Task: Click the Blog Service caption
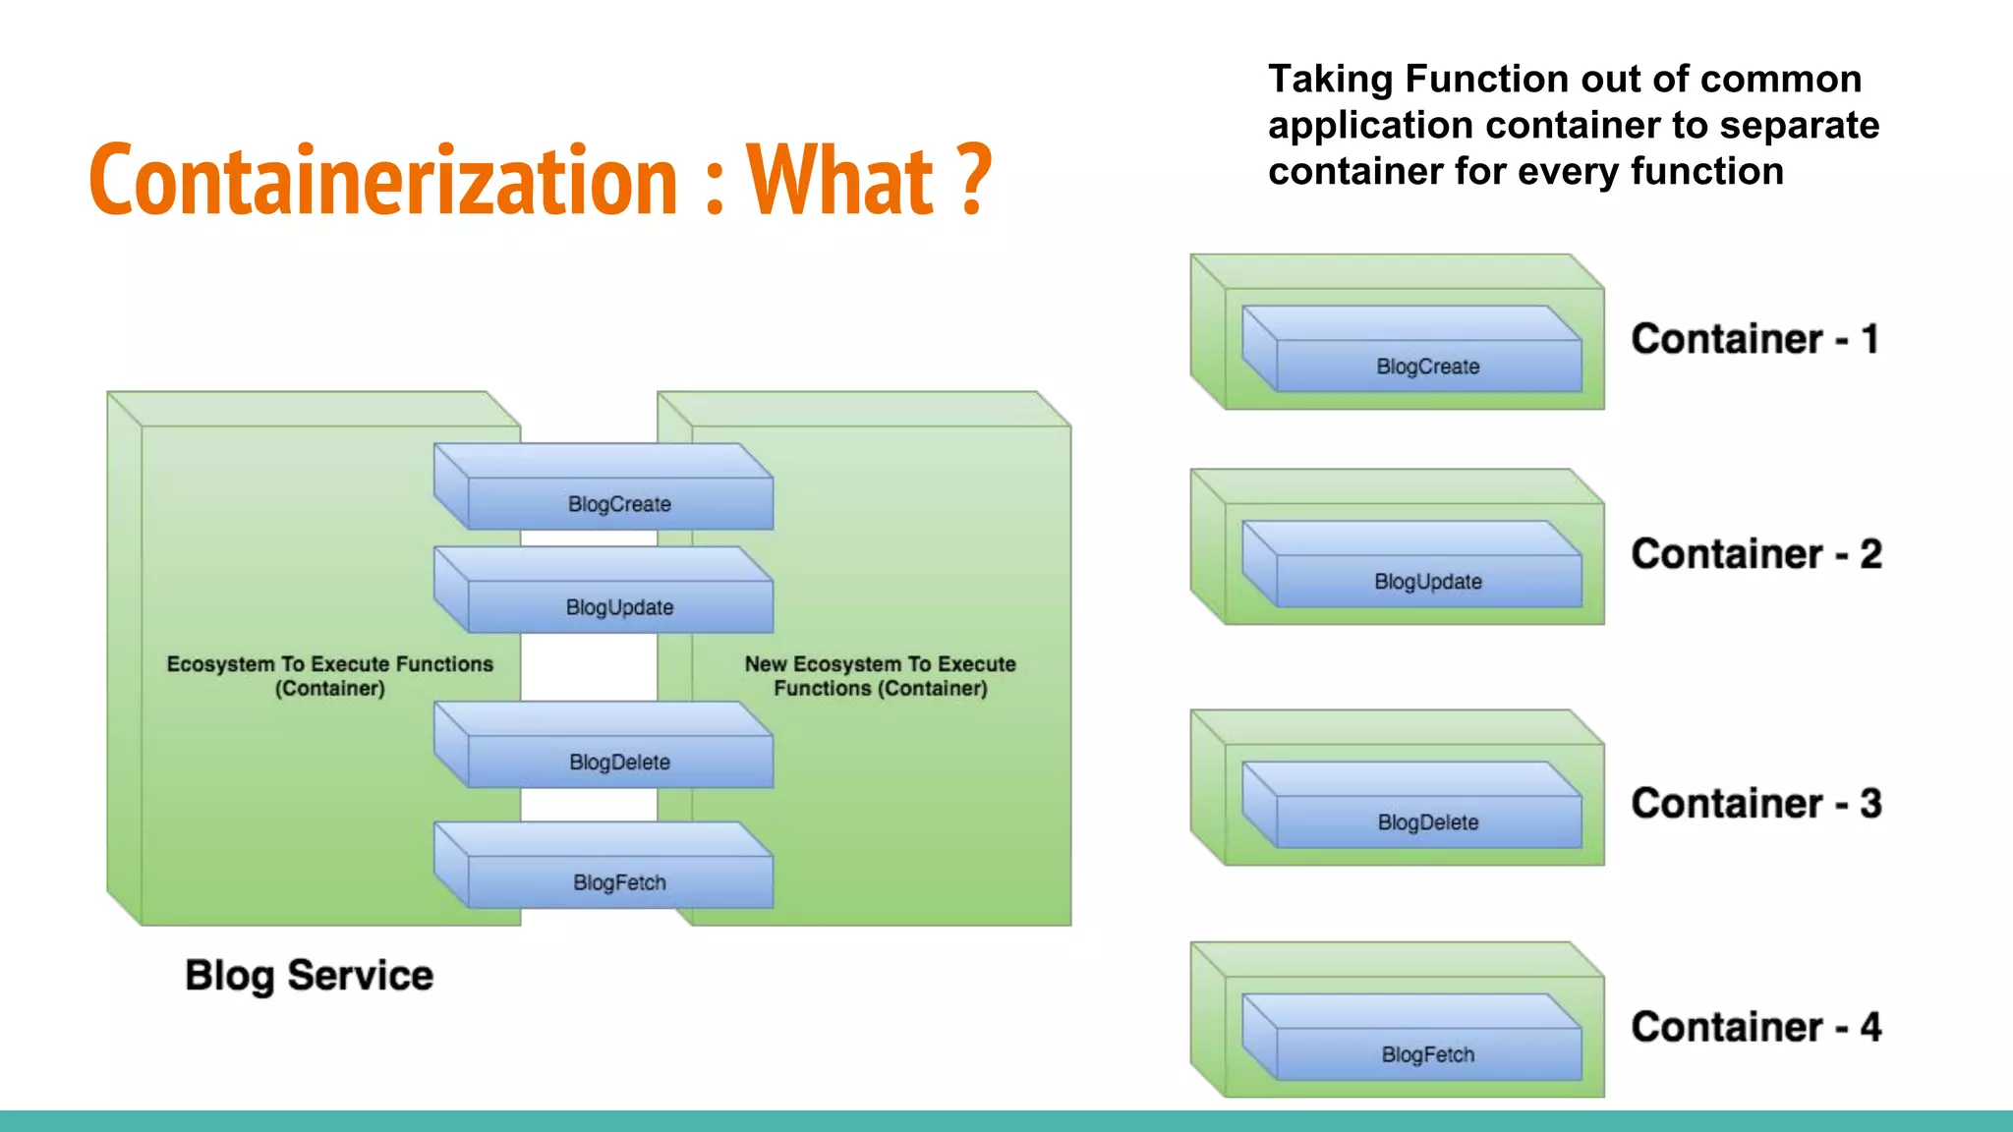click(x=309, y=976)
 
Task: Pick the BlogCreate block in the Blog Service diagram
click(x=619, y=503)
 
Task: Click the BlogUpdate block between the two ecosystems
click(x=619, y=606)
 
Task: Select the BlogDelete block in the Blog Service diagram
click(x=619, y=762)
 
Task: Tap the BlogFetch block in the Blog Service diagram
click(x=619, y=881)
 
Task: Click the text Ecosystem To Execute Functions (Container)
click(x=329, y=676)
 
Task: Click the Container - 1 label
click(x=1754, y=339)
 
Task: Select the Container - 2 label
click(x=1755, y=554)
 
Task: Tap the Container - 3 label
click(x=1755, y=804)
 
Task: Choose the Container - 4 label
click(x=1755, y=1028)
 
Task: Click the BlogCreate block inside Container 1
click(x=1427, y=366)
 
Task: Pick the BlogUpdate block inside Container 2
click(x=1427, y=581)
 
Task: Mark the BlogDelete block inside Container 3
click(x=1427, y=821)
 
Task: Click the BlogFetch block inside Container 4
click(x=1427, y=1053)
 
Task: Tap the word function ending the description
click(x=1706, y=172)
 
